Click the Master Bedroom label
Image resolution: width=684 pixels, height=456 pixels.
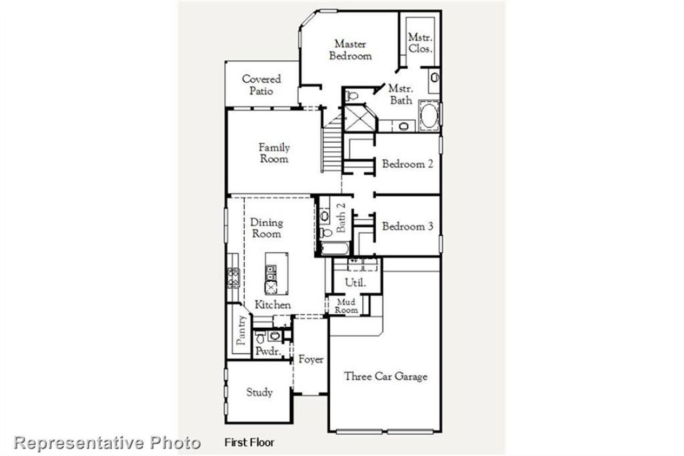[x=350, y=50]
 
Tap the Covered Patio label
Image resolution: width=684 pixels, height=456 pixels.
[x=261, y=85]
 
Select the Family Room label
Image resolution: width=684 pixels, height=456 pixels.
[x=274, y=153]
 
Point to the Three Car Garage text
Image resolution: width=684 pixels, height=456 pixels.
[x=385, y=376]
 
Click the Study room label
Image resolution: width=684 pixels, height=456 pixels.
[x=259, y=392]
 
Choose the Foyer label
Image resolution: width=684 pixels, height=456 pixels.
[x=310, y=359]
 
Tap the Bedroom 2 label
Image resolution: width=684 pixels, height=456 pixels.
[x=407, y=164]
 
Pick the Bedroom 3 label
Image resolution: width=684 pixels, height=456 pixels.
[x=407, y=227]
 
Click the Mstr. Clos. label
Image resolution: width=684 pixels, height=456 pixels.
[x=420, y=42]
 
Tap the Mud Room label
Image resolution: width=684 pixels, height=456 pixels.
[x=346, y=306]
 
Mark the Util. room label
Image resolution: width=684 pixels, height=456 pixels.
[x=355, y=283]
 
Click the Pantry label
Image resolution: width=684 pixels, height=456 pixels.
[x=242, y=330]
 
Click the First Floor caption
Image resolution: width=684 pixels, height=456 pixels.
[x=249, y=443]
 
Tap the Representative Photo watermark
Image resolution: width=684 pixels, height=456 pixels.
[x=107, y=443]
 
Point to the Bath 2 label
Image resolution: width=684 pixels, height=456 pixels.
[x=341, y=217]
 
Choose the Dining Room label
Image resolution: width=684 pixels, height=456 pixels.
[x=266, y=228]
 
